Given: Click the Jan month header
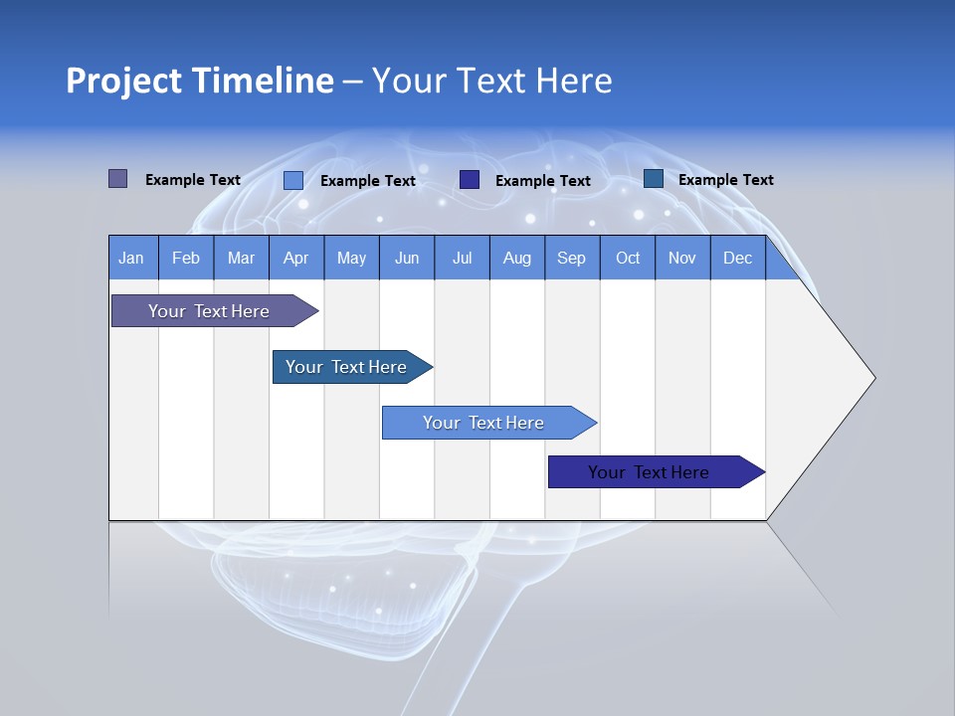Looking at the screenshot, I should click(131, 258).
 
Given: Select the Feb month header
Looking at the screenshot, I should click(186, 258).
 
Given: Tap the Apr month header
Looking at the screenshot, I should click(296, 258).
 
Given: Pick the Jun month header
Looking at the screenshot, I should click(407, 258).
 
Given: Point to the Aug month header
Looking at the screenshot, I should click(517, 258).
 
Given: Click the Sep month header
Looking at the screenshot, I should click(572, 258).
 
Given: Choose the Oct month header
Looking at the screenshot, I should click(628, 258).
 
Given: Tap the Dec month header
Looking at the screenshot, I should click(738, 258).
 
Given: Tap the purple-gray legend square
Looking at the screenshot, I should click(117, 179).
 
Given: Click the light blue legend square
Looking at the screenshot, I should click(292, 180).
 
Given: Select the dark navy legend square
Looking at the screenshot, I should click(470, 179).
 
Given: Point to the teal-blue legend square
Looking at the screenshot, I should click(653, 178).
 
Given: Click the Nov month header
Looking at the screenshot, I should click(682, 258).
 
